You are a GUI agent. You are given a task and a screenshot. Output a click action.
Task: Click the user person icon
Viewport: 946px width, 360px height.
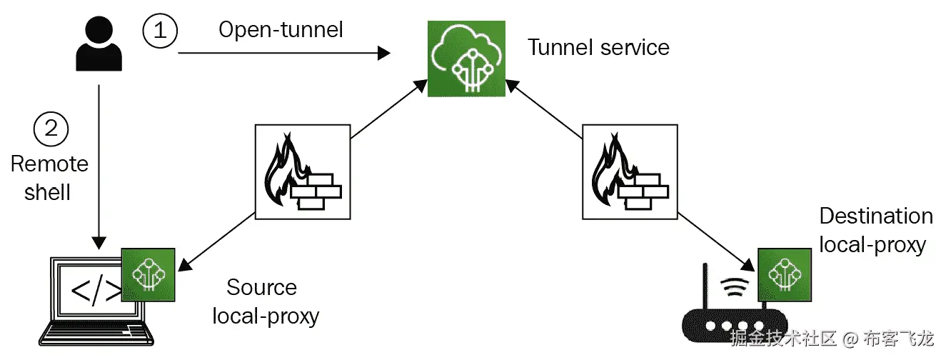pos(99,44)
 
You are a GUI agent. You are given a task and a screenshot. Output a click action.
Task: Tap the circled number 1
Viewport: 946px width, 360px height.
pos(160,31)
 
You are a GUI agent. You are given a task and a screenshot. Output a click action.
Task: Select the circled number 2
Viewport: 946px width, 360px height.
pos(51,129)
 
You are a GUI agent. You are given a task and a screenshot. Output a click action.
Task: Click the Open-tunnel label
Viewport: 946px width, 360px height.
pos(281,30)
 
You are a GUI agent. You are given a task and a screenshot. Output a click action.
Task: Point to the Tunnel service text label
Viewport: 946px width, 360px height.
pos(598,47)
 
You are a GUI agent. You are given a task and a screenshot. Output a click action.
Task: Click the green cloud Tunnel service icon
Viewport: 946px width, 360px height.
pos(466,59)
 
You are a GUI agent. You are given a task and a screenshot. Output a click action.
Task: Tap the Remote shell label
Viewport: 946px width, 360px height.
pos(49,178)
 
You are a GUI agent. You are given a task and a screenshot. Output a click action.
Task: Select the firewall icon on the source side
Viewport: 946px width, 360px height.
pos(303,171)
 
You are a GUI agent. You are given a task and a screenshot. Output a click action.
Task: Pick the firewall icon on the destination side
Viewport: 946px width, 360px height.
pos(630,171)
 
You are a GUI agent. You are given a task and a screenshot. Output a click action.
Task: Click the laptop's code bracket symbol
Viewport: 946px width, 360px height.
pos(96,291)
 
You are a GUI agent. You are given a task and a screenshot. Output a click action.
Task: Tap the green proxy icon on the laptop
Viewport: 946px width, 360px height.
pos(149,275)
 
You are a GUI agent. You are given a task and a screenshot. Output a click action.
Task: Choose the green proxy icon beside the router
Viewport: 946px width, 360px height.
pos(785,275)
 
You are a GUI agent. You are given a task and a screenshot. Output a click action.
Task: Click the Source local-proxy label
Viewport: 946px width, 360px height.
pos(266,301)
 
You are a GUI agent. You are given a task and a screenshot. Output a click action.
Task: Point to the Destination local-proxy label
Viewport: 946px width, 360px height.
pos(876,230)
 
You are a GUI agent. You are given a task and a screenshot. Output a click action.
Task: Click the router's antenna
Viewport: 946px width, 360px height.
pos(705,286)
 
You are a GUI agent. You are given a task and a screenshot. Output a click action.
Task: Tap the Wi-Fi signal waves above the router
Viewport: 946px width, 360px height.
pos(735,287)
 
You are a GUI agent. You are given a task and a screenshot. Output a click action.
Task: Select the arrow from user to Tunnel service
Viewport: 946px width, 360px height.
pos(284,54)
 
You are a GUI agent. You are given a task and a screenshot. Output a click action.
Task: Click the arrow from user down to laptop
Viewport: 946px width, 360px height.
pos(99,167)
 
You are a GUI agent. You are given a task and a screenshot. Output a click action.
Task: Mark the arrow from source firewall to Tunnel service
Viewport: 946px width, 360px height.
pos(389,109)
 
